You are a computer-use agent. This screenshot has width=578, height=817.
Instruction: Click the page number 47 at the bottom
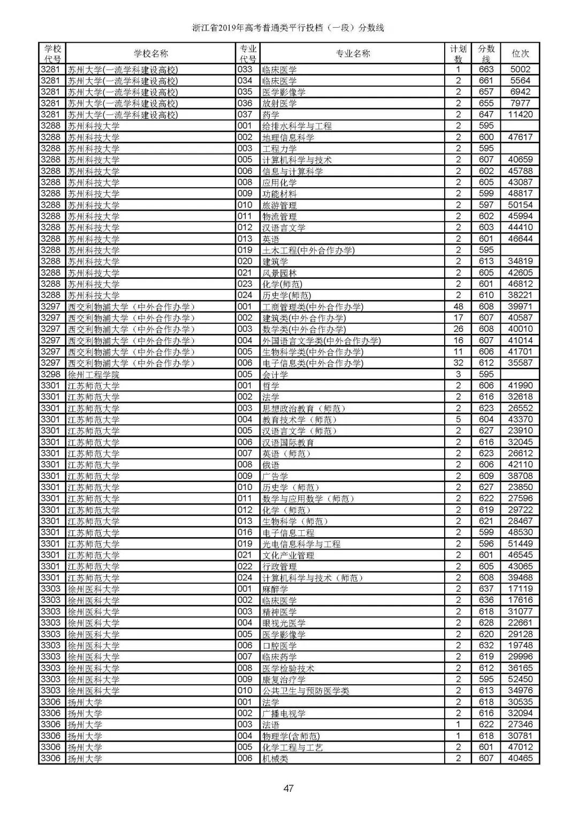pos(288,788)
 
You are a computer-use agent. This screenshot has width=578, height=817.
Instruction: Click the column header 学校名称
pos(151,54)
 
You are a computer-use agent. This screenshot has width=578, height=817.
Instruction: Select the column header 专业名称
pos(353,54)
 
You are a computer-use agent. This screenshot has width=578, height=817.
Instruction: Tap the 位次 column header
pos(520,54)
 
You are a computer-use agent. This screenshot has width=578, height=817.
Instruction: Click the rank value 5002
pos(520,70)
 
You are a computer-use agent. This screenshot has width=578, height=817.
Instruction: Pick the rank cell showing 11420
pos(520,114)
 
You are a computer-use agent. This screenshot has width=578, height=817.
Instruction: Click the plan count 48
pos(458,307)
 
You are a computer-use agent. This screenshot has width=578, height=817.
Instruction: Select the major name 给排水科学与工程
pos(297,126)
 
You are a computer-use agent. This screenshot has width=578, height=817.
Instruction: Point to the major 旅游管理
pos(279,205)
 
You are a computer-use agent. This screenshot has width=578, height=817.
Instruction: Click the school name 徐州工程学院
pos(94,375)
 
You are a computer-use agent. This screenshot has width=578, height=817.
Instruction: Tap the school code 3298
pos(51,375)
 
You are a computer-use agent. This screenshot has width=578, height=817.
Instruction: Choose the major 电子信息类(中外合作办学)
pos(313,363)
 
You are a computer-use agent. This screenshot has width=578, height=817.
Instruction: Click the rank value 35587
pos(520,363)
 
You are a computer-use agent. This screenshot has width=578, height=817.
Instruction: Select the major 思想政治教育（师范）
pos(304,408)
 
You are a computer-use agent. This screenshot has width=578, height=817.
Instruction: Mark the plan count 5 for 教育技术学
pos(458,419)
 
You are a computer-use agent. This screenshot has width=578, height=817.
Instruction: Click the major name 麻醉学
pos(275,589)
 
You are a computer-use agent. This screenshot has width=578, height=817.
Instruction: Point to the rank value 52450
pos(520,679)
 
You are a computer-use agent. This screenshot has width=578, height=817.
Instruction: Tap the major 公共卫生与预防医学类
pos(306,691)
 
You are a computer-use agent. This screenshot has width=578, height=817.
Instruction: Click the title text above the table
pos(288,28)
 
